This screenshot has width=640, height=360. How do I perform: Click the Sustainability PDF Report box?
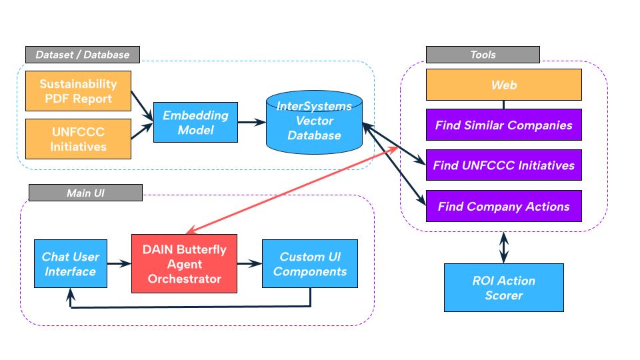79,92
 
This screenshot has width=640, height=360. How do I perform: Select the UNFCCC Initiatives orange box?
79,138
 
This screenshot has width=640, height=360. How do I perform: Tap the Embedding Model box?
195,122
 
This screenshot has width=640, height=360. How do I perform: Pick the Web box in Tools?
503,85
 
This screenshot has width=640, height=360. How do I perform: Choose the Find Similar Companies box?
503,125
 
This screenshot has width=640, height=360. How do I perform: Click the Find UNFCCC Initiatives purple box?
503,165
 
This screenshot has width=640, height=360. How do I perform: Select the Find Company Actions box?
503,207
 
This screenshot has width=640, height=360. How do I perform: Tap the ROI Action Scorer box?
503,287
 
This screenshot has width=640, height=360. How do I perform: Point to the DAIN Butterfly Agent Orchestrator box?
184,263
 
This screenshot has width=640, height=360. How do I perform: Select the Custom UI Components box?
310,264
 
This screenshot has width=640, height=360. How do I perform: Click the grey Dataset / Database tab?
83,54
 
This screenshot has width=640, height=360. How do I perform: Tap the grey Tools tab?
483,55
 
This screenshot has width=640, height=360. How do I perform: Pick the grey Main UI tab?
85,193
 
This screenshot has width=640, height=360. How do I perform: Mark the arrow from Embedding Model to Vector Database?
251,122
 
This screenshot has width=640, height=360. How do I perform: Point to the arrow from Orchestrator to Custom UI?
249,264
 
